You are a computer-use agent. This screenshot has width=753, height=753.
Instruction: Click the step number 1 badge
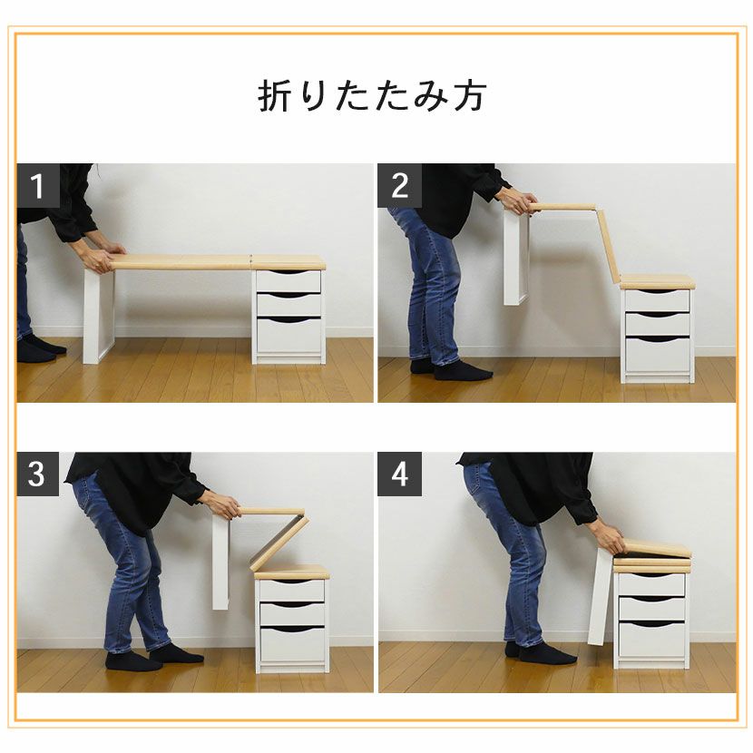(x=38, y=185)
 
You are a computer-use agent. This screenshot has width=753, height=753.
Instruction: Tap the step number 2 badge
(x=399, y=185)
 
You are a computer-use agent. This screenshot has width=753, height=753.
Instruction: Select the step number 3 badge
(x=38, y=474)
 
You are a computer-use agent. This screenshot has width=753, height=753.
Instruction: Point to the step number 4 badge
(x=399, y=474)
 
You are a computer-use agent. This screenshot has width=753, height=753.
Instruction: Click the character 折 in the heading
(x=275, y=95)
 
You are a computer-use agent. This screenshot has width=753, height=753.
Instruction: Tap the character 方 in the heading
(x=471, y=95)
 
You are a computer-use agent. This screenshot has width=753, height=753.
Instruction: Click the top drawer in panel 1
(x=288, y=281)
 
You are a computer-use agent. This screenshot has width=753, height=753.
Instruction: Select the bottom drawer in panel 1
(x=288, y=335)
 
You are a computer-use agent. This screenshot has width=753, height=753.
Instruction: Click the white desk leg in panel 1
(x=99, y=316)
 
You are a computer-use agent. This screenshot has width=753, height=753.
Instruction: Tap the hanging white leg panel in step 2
(x=516, y=258)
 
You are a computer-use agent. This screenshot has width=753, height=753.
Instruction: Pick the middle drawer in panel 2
(x=658, y=324)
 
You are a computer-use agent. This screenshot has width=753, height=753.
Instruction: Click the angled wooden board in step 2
(x=609, y=244)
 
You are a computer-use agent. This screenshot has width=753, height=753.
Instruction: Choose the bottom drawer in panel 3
(x=292, y=644)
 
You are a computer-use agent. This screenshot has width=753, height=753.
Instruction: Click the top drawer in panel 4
(x=651, y=584)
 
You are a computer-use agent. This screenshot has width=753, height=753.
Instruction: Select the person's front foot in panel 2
(x=463, y=371)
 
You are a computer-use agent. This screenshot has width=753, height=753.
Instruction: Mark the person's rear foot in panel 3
(x=133, y=661)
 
